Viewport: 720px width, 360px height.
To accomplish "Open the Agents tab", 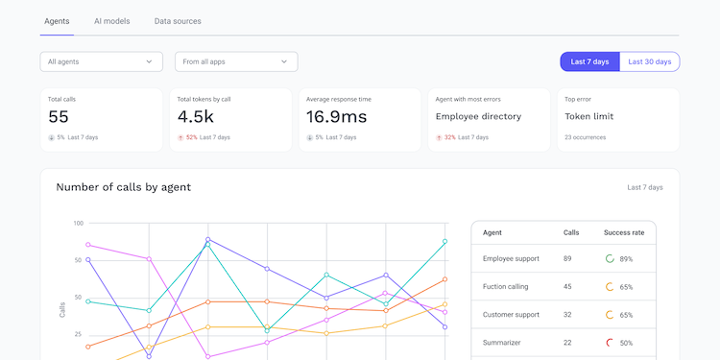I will tap(57, 21).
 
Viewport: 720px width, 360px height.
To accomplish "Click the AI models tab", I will tap(111, 21).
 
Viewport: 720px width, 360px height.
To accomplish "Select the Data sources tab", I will tap(178, 21).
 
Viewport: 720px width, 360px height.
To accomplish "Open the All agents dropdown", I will tap(101, 61).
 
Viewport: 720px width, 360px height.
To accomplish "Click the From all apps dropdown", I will tap(236, 61).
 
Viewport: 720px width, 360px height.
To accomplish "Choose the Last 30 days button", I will tap(650, 61).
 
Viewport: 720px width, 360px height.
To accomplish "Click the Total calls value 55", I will tap(59, 116).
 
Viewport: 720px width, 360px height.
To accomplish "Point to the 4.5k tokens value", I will tap(195, 116).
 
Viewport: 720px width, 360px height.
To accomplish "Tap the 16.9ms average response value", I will tap(336, 116).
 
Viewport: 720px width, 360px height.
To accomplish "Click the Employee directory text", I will tap(478, 116).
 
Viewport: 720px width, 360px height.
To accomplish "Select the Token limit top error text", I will tap(588, 116).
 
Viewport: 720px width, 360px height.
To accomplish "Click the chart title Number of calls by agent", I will tap(123, 187).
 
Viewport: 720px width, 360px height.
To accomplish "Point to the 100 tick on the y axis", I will tap(78, 224).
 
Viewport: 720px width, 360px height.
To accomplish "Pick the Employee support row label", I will tap(511, 258).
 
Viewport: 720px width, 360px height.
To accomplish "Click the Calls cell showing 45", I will tap(567, 286).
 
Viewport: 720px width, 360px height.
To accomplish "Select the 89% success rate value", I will tap(626, 259).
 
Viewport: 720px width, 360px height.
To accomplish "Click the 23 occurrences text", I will tap(588, 137).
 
